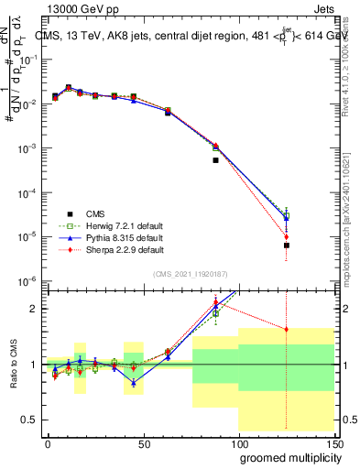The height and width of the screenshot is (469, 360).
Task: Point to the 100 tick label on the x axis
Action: pos(238,442)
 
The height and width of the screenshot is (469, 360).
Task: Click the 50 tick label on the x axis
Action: pos(143,442)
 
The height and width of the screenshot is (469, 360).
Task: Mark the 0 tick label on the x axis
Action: pos(48,442)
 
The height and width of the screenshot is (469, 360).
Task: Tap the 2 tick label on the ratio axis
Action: pos(33,309)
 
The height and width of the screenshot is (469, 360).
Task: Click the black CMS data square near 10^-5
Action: pos(287,245)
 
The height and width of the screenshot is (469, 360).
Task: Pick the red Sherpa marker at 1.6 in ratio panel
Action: pos(287,330)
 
